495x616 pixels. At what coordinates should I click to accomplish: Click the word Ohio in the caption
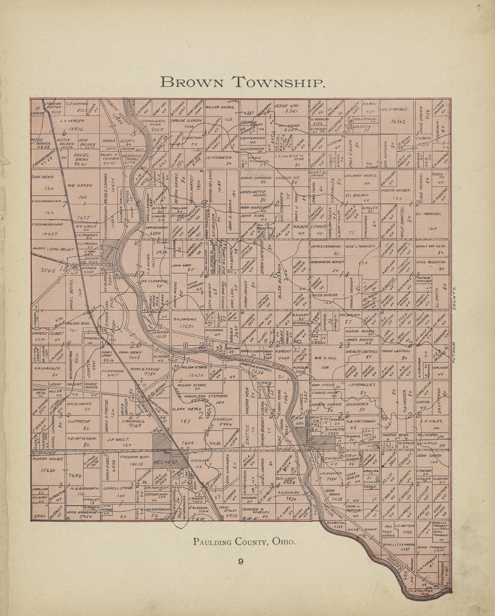click(x=283, y=542)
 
